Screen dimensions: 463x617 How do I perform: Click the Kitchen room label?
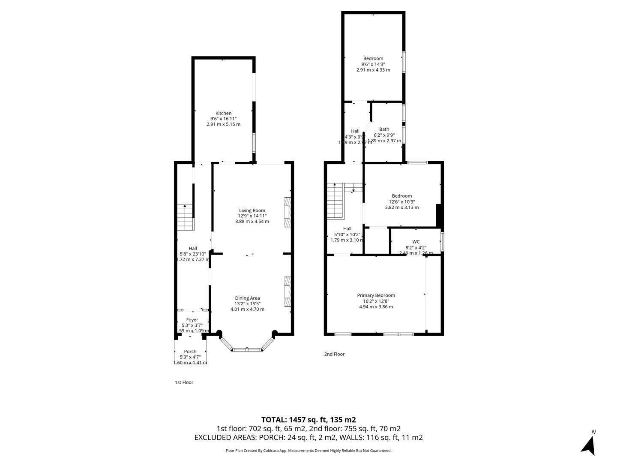point(223,113)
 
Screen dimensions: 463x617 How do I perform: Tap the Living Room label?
point(252,210)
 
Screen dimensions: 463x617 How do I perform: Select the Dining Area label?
point(247,298)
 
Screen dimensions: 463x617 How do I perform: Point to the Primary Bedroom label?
point(376,295)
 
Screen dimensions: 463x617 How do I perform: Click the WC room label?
point(416,241)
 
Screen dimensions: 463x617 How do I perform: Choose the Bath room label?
point(384,129)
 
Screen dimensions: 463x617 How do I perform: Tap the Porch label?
point(190,351)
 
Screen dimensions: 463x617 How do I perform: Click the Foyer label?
point(192,320)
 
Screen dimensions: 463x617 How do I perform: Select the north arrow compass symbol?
point(589,444)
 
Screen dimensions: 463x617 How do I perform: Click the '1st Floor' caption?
point(184,382)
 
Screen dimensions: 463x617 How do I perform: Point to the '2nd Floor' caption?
point(334,354)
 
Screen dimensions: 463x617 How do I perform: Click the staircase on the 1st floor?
point(186,217)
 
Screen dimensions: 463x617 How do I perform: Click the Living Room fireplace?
point(288,212)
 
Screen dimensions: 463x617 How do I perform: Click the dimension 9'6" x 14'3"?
point(373,64)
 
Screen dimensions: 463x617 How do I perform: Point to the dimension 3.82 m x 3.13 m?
point(401,207)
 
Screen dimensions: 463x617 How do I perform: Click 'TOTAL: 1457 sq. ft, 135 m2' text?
point(308,420)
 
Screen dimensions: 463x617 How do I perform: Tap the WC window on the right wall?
point(442,241)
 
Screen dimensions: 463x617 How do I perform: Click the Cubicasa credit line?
point(308,451)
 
